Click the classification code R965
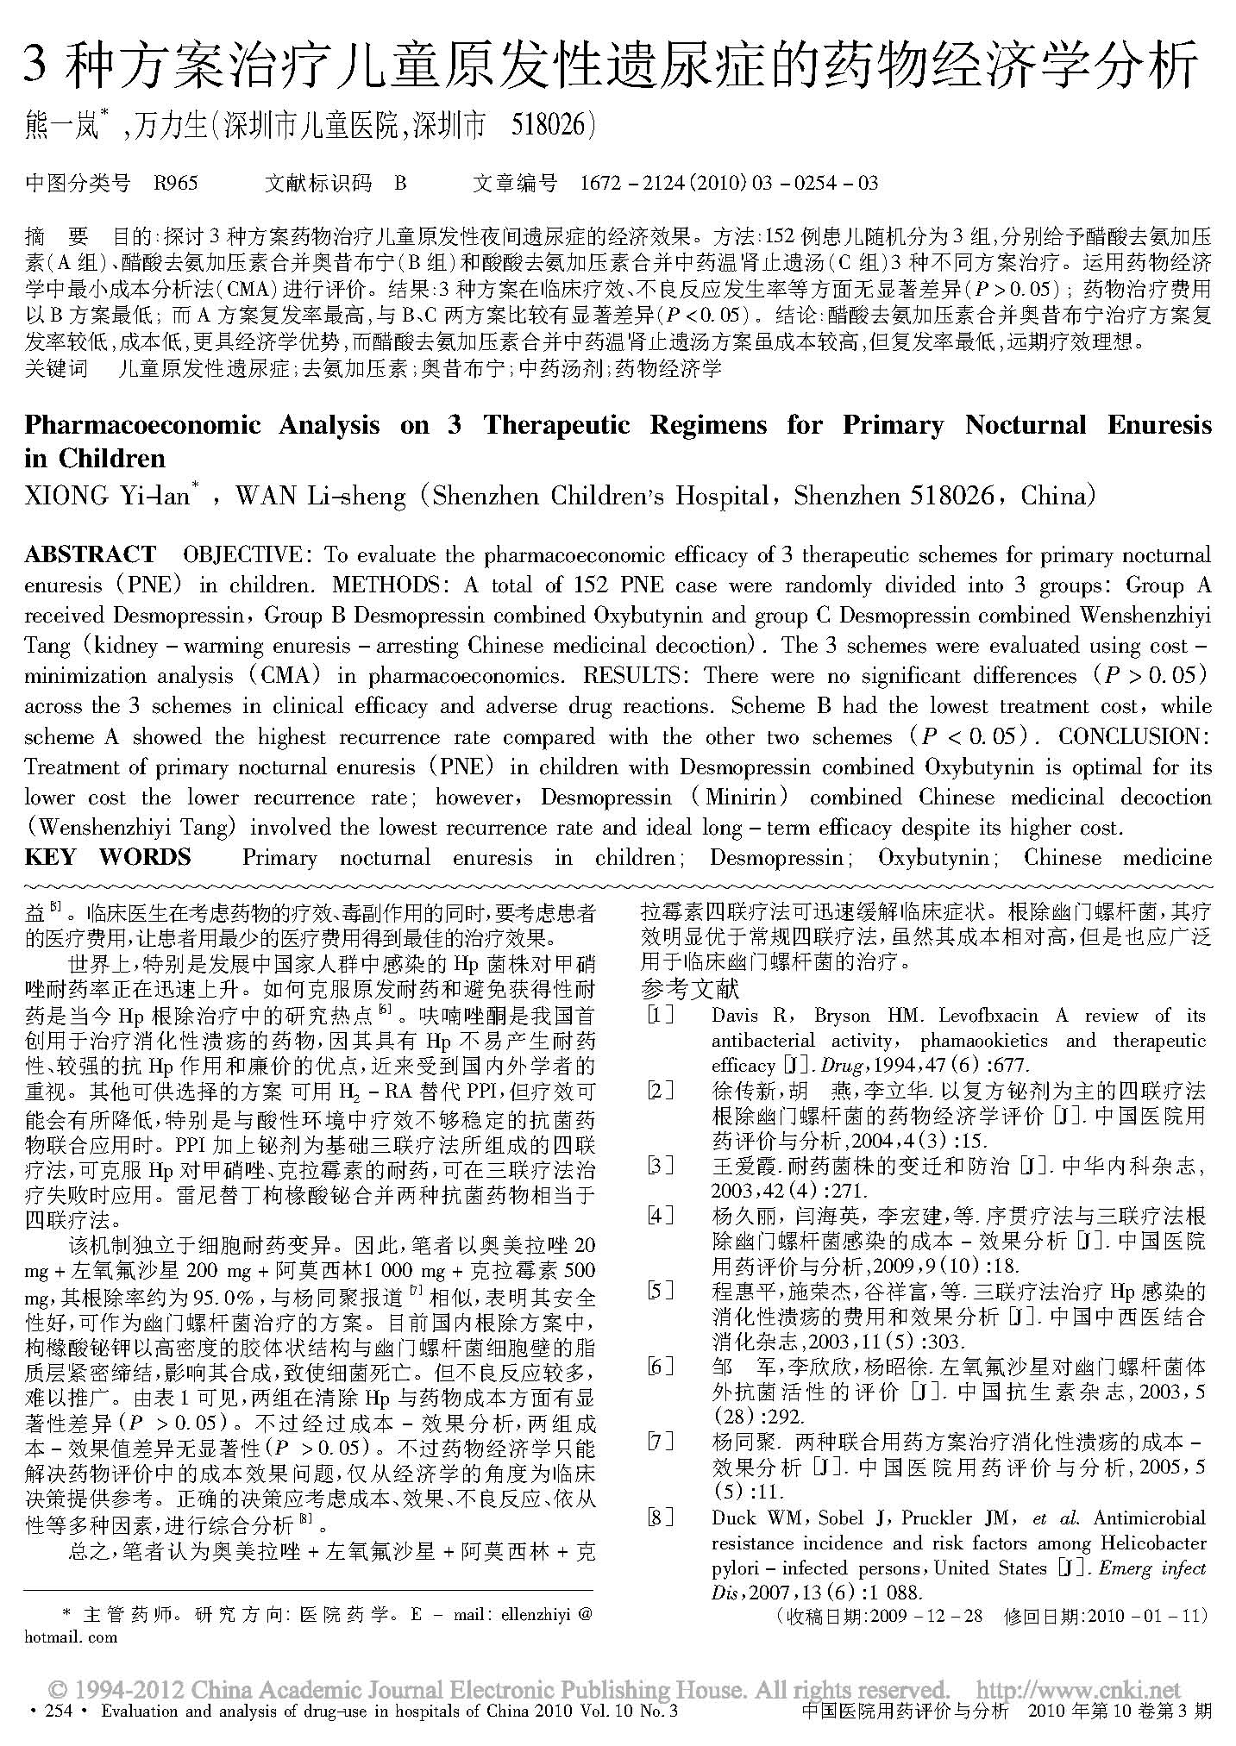pos(175,183)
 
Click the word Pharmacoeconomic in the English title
pos(142,425)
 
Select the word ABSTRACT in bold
pos(91,554)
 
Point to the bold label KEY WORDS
pos(108,857)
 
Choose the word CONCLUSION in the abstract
pos(1134,737)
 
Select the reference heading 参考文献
pos(690,989)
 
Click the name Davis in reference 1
pos(734,1016)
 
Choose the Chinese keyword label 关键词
pos(56,369)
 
